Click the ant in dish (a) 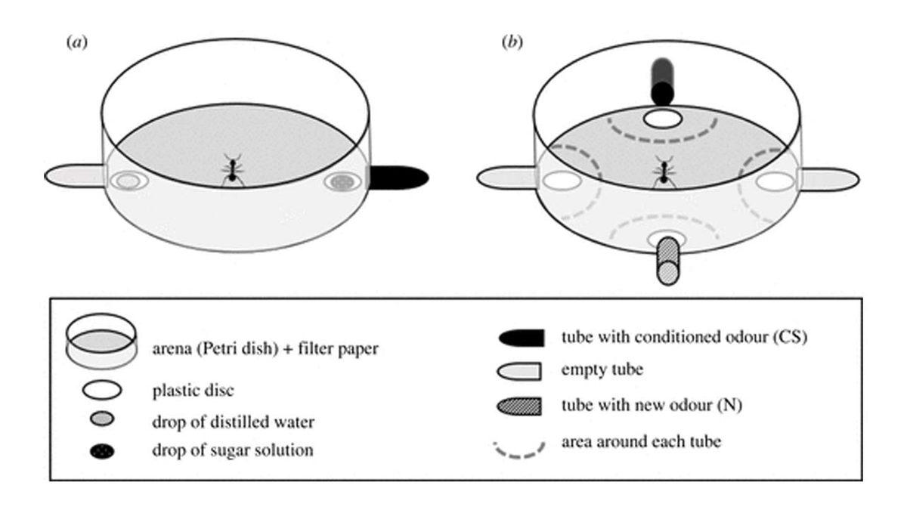pyautogui.click(x=232, y=169)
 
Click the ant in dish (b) pyautogui.click(x=664, y=172)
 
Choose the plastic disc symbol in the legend pyautogui.click(x=103, y=391)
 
